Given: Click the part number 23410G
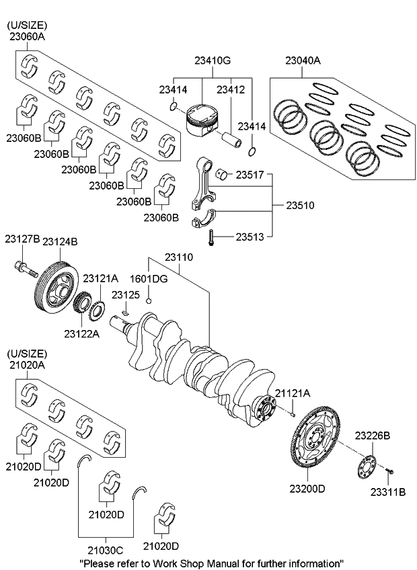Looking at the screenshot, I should (x=212, y=60).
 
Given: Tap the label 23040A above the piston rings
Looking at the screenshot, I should (x=302, y=60).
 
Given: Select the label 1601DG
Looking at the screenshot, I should (x=149, y=278).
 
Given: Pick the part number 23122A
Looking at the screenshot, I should (x=82, y=332).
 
